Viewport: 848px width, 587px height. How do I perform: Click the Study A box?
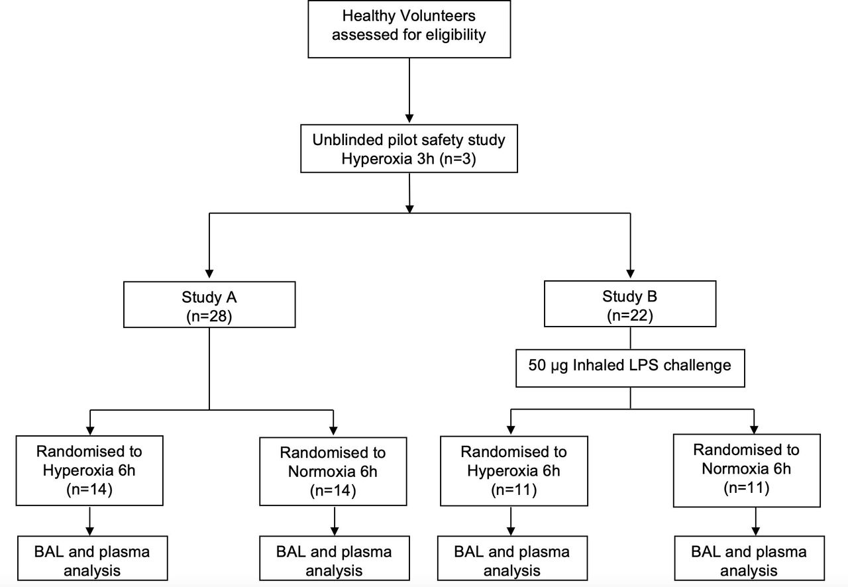click(209, 304)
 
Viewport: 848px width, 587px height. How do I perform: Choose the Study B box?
click(629, 304)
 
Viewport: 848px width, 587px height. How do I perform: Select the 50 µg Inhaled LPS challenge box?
click(629, 365)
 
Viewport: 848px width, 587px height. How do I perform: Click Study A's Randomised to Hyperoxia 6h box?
click(89, 471)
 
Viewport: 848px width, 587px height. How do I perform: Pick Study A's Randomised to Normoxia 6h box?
click(333, 472)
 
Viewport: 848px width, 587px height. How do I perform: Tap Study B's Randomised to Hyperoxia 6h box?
click(513, 472)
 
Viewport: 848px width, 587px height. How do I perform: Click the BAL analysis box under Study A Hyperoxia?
click(89, 560)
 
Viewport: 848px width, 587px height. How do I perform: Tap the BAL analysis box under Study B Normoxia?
click(749, 560)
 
